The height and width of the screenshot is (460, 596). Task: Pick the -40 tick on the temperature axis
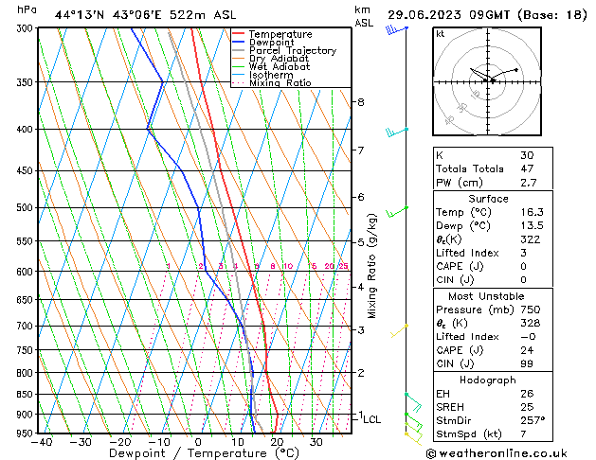(x=41, y=441)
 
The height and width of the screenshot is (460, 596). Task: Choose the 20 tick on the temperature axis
(x=276, y=441)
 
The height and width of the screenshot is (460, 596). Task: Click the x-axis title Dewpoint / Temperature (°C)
(x=196, y=453)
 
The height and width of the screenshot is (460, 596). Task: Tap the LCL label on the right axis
(x=372, y=419)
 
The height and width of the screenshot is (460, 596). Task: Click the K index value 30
(x=527, y=154)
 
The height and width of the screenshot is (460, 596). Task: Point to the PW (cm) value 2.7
(x=529, y=183)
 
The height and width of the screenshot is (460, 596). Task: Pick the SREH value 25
(x=527, y=407)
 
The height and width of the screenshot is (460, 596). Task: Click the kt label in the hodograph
(x=441, y=33)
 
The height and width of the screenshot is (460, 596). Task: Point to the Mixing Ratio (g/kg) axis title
(x=372, y=265)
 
